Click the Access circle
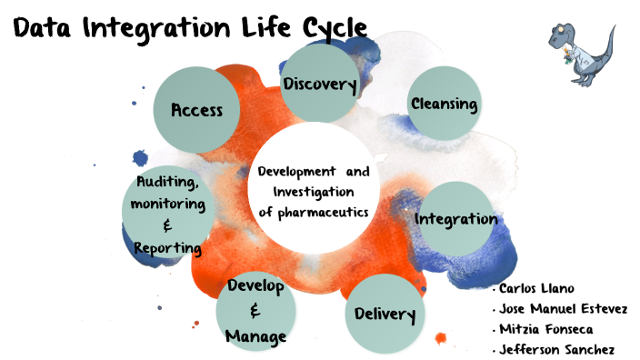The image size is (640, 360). coord(196,110)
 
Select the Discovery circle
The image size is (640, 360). coord(318,85)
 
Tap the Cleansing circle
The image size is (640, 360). coord(444,104)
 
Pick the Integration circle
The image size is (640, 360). coord(455,219)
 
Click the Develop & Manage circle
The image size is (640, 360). coord(256,311)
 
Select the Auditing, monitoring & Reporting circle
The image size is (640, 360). coord(169,213)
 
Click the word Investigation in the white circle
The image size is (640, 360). coord(313,192)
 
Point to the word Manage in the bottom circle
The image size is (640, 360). coord(256,336)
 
